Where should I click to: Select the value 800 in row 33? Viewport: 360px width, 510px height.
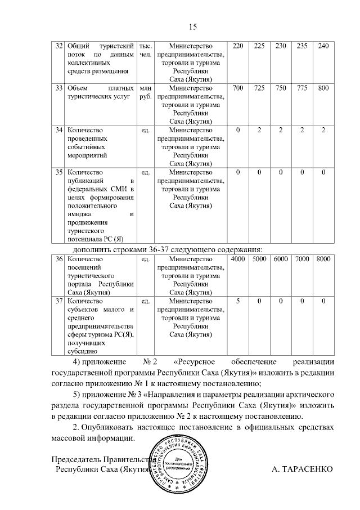tap(323, 88)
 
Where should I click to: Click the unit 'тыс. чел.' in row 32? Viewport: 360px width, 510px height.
tap(145, 50)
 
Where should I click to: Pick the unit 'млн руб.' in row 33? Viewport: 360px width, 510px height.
tap(145, 92)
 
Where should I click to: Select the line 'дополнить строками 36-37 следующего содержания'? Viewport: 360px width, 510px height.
tap(168, 249)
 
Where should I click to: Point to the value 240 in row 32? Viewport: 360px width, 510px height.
tap(323, 46)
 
